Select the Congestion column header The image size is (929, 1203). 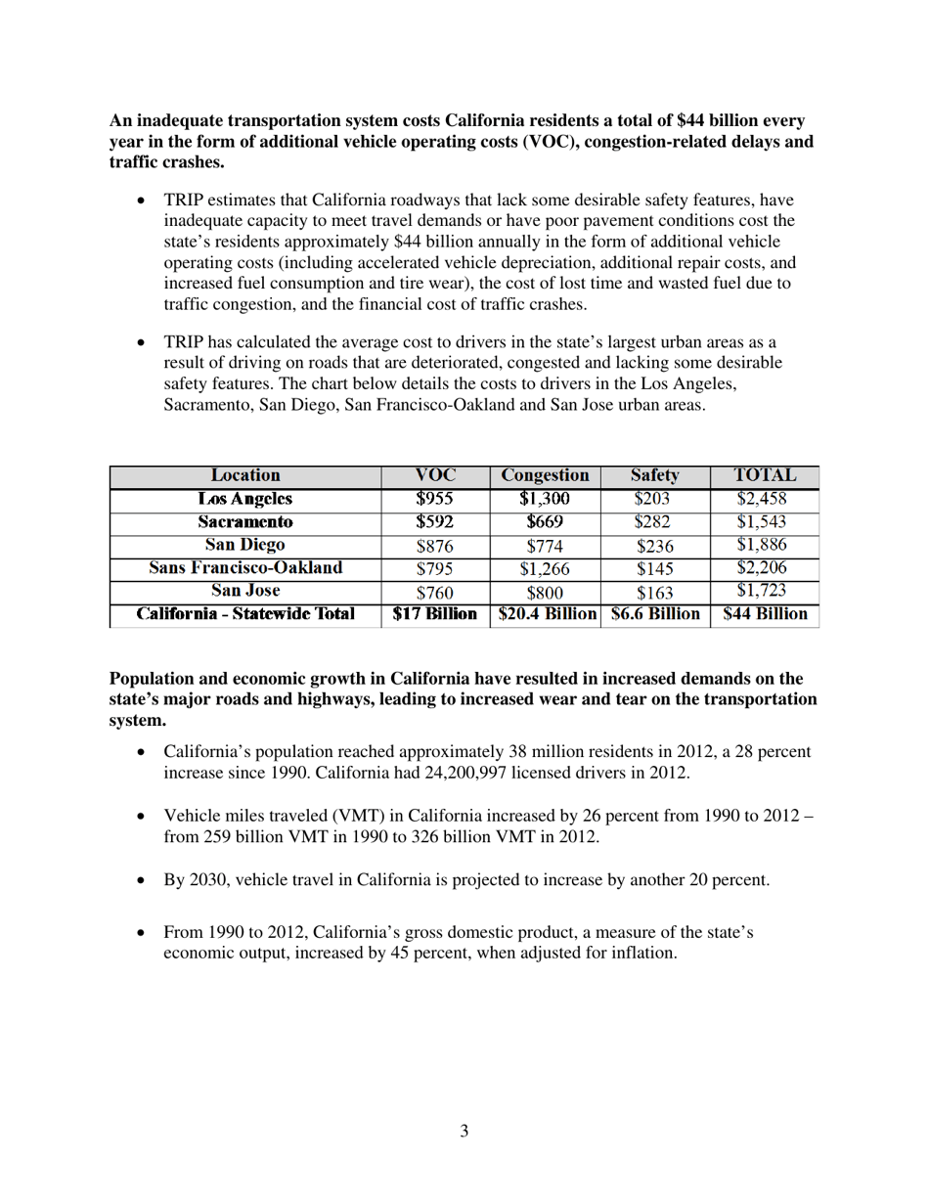[x=545, y=476]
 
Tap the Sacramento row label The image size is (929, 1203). [x=245, y=522]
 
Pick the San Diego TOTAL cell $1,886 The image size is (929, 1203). [x=762, y=546]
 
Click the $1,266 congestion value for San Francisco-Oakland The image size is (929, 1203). [x=545, y=569]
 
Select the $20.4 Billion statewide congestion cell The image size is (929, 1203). [x=547, y=615]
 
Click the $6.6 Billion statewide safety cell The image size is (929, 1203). [x=655, y=615]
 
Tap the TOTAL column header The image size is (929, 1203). [x=765, y=476]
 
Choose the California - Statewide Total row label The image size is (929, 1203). [x=245, y=615]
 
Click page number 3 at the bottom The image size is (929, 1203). [x=464, y=1132]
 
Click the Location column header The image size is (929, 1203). [x=245, y=476]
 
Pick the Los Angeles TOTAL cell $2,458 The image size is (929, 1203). [x=762, y=499]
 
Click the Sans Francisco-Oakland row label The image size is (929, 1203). [x=245, y=568]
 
